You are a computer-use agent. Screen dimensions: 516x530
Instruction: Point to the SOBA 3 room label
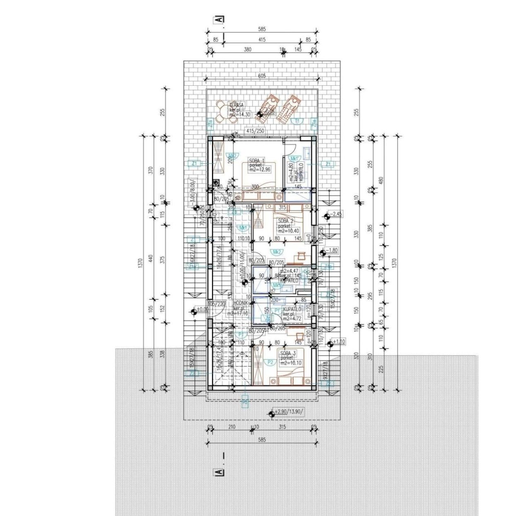[x=289, y=353]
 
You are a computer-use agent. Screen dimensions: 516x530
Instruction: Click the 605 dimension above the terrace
[x=262, y=76]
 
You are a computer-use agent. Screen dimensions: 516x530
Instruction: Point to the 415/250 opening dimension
[x=255, y=131]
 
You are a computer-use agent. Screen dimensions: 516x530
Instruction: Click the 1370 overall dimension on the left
[x=140, y=262]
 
